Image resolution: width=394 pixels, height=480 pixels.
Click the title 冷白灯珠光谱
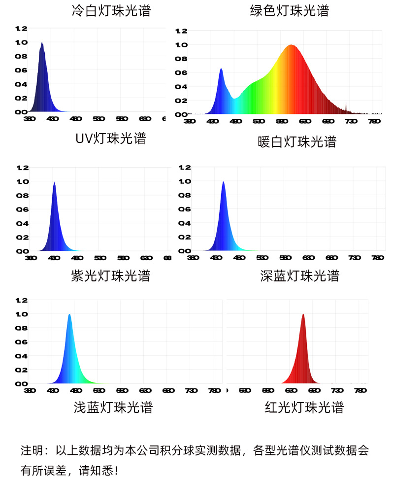tap(111, 11)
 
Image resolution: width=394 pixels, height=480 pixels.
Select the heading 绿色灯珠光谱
tap(289, 11)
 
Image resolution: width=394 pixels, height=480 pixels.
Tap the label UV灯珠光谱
tap(111, 138)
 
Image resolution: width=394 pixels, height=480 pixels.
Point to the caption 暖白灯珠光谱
tap(297, 142)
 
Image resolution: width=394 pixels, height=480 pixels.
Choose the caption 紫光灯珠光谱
tap(111, 275)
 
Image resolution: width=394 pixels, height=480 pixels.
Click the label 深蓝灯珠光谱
tap(300, 275)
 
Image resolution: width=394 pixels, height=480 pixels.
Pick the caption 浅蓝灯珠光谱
tap(113, 408)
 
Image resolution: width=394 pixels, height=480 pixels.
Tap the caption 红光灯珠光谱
tap(304, 408)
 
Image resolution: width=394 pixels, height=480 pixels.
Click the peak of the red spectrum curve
tap(303, 315)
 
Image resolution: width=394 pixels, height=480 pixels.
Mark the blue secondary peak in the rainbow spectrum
tap(221, 69)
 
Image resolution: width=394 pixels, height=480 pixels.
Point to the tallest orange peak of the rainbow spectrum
tap(291, 45)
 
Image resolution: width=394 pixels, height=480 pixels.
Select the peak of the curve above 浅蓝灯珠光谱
tap(69, 315)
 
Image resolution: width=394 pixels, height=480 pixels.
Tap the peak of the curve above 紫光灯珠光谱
tap(54, 183)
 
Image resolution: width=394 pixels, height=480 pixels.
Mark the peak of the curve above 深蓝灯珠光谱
tap(224, 182)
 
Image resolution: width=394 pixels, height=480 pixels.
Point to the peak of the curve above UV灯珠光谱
tap(42, 43)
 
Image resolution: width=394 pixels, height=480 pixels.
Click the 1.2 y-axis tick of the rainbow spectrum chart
tap(182, 31)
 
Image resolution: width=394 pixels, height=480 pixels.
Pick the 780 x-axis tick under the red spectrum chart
tap(361, 390)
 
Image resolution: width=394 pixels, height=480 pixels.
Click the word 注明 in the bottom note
tap(32, 450)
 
